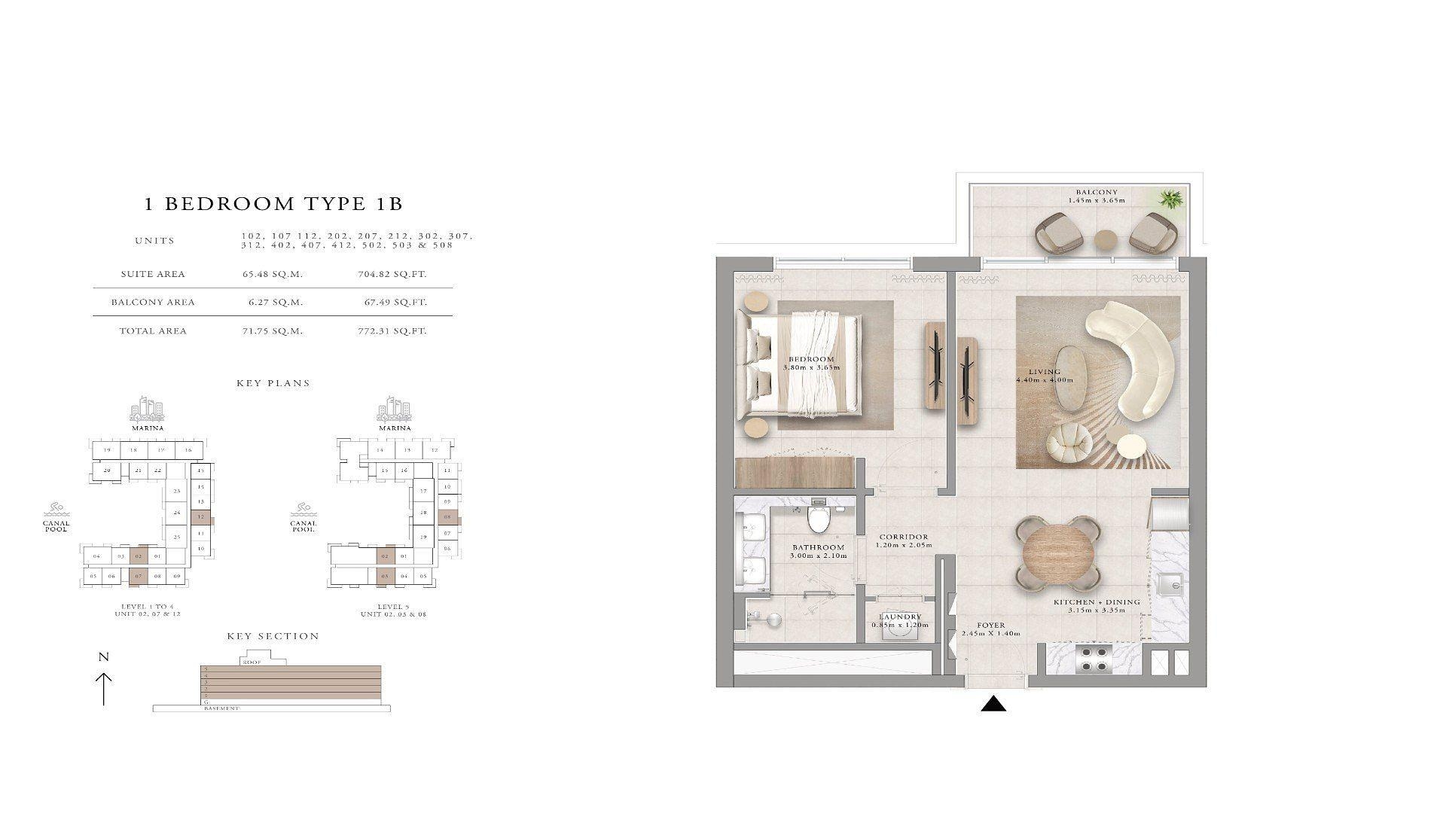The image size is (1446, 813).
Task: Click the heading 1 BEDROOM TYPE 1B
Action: tap(273, 203)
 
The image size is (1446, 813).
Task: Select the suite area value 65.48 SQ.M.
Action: tap(272, 274)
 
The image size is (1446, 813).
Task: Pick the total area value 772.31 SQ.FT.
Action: tap(392, 330)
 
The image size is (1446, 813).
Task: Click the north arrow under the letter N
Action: tap(104, 688)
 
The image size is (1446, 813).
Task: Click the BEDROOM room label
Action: tap(811, 359)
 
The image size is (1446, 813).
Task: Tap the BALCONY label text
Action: tap(1097, 193)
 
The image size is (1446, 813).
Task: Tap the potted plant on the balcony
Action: tap(1171, 199)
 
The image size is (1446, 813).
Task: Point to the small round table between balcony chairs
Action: tap(1106, 239)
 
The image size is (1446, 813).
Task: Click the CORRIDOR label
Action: tap(904, 537)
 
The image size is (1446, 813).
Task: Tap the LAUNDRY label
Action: tap(900, 617)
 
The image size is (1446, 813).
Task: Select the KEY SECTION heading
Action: tap(273, 636)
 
